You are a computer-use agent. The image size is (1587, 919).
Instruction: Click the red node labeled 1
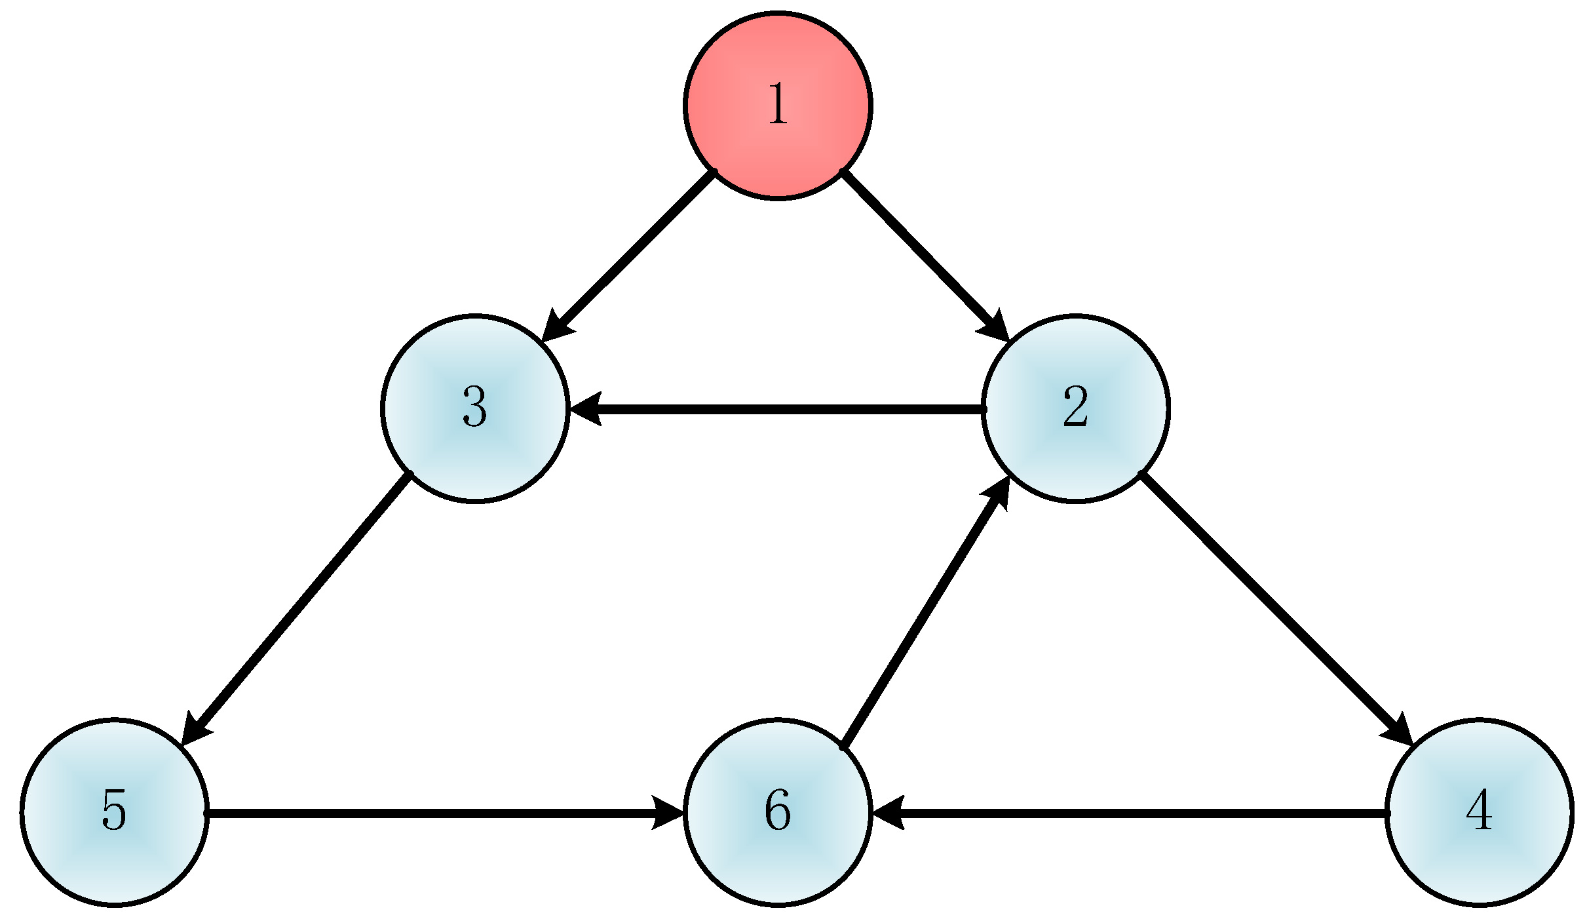777,105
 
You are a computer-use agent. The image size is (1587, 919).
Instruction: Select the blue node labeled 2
1075,409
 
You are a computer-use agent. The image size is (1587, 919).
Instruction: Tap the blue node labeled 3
475,409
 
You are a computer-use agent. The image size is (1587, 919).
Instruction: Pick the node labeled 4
1479,813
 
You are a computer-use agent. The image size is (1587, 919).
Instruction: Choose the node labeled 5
115,813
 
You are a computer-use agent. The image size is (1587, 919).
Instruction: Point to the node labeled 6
777,813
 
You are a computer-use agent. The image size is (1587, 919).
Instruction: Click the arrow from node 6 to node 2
924,613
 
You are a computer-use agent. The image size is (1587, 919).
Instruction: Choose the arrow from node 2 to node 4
1271,603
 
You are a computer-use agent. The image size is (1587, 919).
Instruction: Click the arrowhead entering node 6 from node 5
668,813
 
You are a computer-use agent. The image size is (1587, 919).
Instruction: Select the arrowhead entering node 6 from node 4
888,813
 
